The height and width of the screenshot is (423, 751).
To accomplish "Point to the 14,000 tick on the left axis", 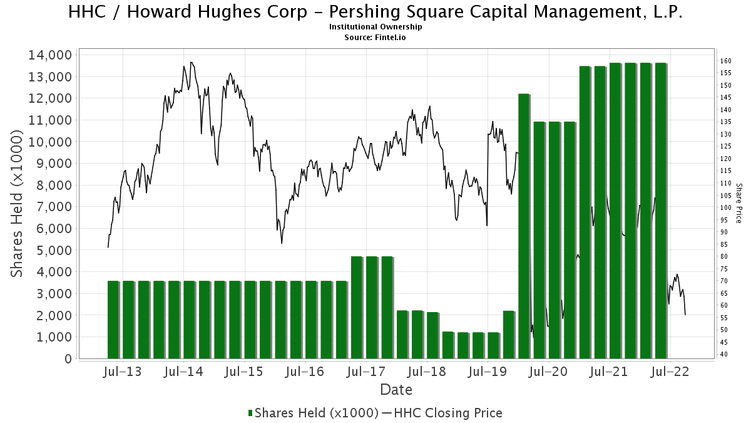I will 49,55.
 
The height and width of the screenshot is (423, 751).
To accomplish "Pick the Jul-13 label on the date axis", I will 122,372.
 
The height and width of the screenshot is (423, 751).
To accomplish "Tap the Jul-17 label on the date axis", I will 365,372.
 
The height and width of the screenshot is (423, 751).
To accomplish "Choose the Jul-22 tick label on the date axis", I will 670,372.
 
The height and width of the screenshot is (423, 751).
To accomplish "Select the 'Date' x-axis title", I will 396,390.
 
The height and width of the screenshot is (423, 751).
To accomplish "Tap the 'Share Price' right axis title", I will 738,203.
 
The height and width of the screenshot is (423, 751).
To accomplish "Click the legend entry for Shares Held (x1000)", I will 314,412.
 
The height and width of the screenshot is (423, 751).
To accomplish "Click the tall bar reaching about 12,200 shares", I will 524,226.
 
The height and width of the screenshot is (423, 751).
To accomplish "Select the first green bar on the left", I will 113,320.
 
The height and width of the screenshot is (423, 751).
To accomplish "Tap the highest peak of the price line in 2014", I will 192,62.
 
